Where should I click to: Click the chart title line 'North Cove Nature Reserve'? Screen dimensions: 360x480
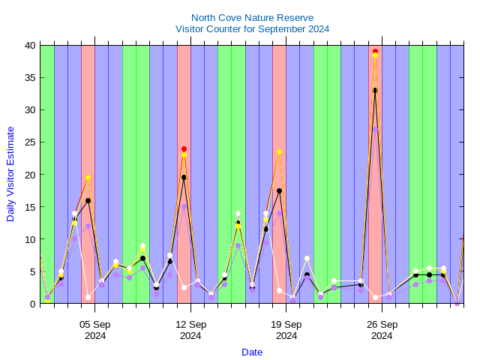(x=252, y=17)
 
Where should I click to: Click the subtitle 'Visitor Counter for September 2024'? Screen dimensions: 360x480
(x=252, y=28)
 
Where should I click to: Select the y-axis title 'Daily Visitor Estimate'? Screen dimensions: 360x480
(x=10, y=174)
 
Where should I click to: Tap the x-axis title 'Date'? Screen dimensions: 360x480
(x=252, y=352)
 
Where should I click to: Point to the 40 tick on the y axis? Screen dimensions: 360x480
(x=29, y=45)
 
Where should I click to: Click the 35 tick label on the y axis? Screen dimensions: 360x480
(x=29, y=77)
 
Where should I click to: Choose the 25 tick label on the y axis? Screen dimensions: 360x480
(x=29, y=142)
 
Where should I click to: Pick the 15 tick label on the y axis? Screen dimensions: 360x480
(x=29, y=207)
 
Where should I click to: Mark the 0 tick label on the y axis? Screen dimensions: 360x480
(x=32, y=304)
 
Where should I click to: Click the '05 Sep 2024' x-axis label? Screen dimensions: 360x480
(x=95, y=330)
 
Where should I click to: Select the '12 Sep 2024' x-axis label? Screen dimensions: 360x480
(x=190, y=330)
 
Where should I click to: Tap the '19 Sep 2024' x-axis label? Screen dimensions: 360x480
(x=286, y=330)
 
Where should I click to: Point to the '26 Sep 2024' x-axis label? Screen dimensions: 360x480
(x=382, y=330)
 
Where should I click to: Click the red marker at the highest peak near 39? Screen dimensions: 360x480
(x=375, y=51)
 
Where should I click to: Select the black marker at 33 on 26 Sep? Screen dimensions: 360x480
(x=375, y=90)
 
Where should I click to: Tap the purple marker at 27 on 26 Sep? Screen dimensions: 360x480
(x=375, y=129)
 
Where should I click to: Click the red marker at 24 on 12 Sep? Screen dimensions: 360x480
(x=184, y=148)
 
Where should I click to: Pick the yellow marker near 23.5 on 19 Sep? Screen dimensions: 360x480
(x=279, y=152)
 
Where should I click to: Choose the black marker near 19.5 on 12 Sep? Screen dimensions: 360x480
(x=184, y=178)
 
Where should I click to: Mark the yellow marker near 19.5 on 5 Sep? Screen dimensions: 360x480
(x=88, y=178)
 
